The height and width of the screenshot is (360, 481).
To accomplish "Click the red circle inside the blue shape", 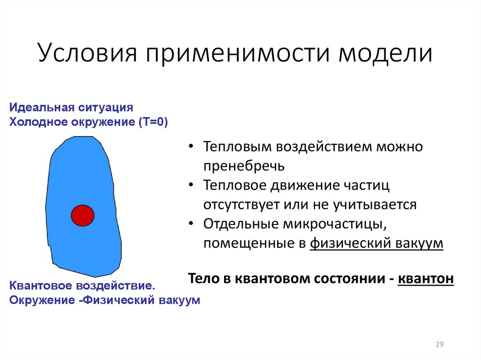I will [83, 215].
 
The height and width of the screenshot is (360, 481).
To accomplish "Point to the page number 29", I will [440, 345].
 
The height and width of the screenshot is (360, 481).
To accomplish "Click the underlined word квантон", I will [426, 278].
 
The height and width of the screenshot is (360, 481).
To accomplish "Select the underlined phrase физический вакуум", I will [376, 244].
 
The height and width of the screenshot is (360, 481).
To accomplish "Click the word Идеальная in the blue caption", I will [39, 107].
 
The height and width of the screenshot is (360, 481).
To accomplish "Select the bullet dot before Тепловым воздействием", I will [191, 147].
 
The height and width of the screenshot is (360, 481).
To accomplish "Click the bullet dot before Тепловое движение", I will [191, 185].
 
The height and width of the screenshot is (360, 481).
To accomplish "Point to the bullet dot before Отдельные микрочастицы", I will [191, 224].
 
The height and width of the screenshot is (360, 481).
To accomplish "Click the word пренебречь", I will [244, 166].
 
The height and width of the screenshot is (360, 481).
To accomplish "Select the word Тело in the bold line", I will [203, 278].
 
